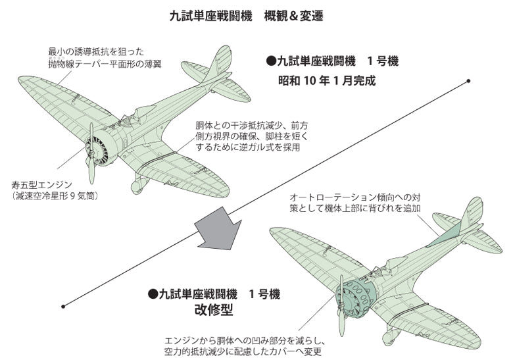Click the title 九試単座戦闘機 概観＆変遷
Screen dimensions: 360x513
pyautogui.click(x=256, y=14)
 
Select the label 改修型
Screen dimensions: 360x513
pyautogui.click(x=214, y=309)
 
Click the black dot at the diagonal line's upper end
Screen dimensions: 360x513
pyautogui.click(x=468, y=82)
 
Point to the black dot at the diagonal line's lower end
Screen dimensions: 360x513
pyautogui.click(x=62, y=305)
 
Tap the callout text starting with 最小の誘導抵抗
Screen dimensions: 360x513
pyautogui.click(x=105, y=57)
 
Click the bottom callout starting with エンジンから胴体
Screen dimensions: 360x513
pyautogui.click(x=254, y=346)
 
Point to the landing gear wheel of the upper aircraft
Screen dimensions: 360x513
pyautogui.click(x=137, y=188)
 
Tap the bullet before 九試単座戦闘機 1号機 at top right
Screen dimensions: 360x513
pyautogui.click(x=270, y=61)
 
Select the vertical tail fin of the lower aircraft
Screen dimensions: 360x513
pyautogui.click(x=472, y=215)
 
